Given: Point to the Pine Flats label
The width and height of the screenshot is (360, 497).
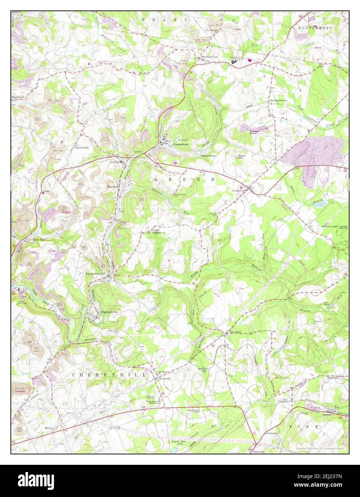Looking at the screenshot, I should (x=236, y=332).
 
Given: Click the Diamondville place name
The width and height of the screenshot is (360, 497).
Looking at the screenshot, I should (x=109, y=312).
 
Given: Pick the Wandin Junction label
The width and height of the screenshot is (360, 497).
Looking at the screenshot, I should (x=95, y=274).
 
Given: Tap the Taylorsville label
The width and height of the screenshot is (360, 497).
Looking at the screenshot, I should (x=82, y=147).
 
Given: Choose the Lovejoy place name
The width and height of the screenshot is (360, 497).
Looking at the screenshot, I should (x=114, y=162).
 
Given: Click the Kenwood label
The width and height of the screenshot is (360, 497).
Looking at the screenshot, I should (x=164, y=378).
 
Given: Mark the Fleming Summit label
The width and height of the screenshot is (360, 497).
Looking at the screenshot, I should (x=278, y=101).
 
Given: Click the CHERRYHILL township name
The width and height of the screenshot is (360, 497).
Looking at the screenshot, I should (x=109, y=375).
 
